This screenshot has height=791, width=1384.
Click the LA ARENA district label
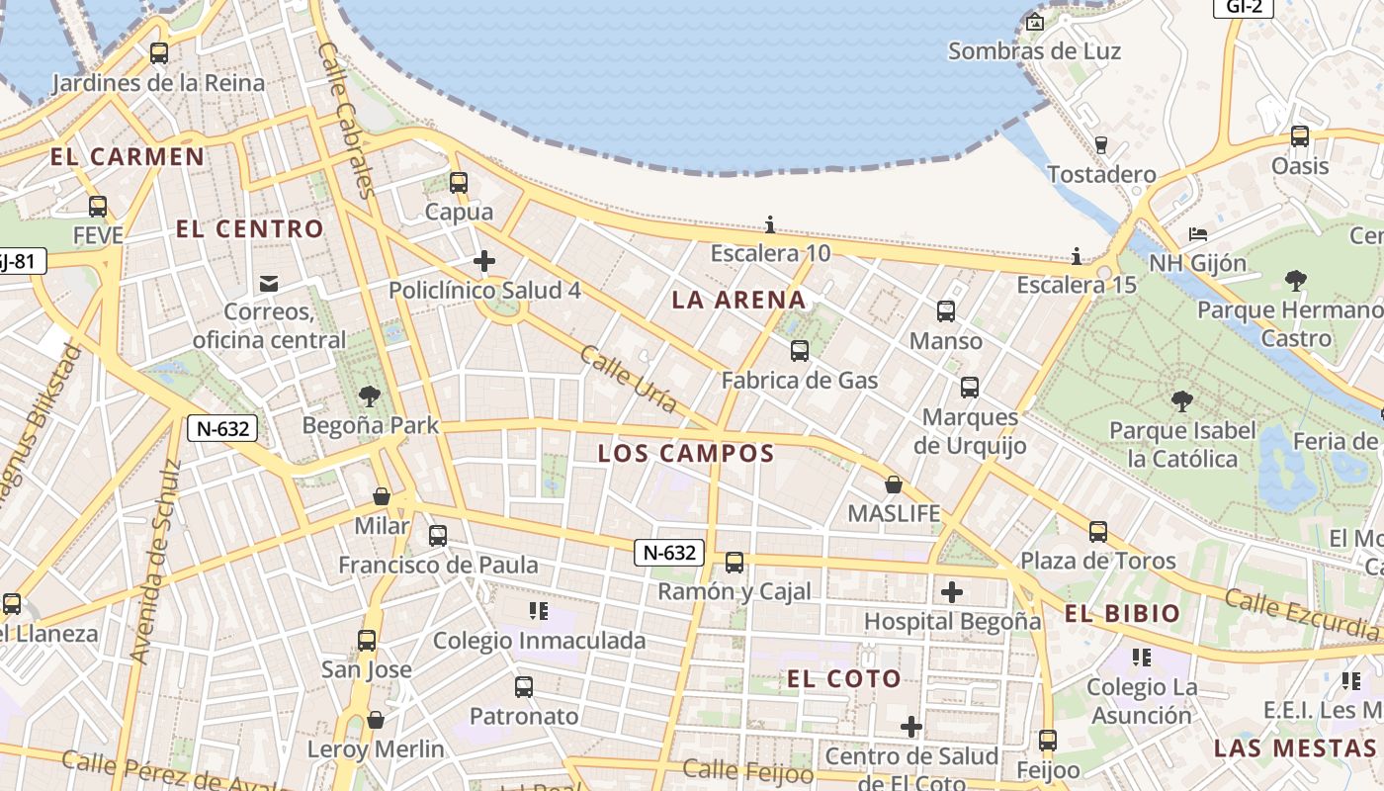coord(738,300)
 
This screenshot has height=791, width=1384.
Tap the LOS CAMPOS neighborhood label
coord(685,454)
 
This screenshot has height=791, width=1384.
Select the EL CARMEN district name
coord(128,156)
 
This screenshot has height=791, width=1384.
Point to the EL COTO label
coord(844,678)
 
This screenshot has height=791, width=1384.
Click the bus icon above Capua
coord(458,183)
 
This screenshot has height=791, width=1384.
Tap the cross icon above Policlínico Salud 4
coord(483,261)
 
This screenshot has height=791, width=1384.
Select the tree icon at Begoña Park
coord(370,396)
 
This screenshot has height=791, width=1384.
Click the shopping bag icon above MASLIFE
coord(894,484)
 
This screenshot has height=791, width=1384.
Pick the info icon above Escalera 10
coord(770,224)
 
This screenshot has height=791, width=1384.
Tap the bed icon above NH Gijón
coord(1198,235)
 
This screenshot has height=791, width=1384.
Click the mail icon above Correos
coord(269,284)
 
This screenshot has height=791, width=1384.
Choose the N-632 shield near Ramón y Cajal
coord(669,553)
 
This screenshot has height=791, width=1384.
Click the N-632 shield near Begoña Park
coord(222,428)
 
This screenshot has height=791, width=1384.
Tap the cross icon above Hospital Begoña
coord(952,592)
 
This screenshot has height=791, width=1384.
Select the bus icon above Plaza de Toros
coord(1098,532)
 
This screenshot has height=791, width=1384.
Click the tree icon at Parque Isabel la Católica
coord(1180,400)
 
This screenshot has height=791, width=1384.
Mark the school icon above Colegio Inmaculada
coord(539,611)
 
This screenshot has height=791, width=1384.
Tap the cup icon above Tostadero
coord(1101,145)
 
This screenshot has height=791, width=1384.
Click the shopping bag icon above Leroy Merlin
coord(375,720)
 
